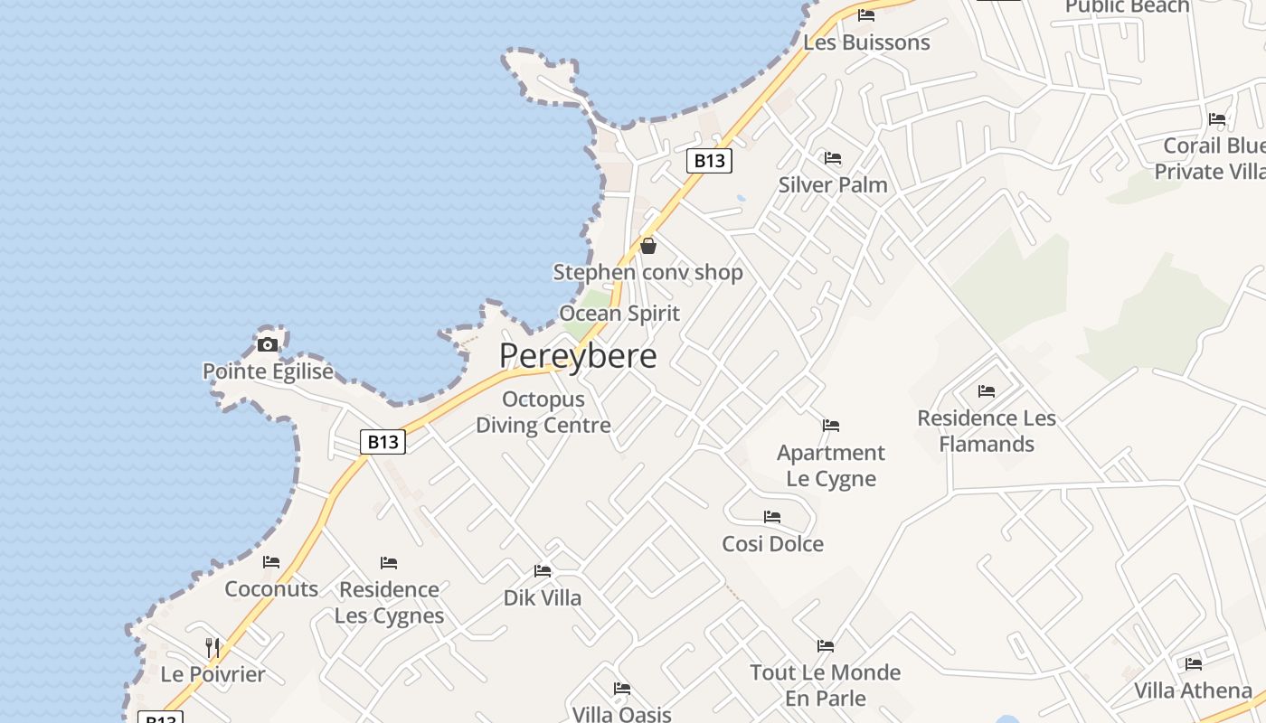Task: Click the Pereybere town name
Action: pyautogui.click(x=578, y=355)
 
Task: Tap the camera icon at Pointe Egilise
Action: pyautogui.click(x=268, y=344)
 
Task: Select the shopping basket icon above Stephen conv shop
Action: pyautogui.click(x=648, y=245)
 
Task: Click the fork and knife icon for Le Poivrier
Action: pyautogui.click(x=213, y=647)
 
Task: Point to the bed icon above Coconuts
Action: pyautogui.click(x=271, y=562)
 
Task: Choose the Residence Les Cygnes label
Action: pyautogui.click(x=389, y=602)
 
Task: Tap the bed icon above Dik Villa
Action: pyautogui.click(x=543, y=571)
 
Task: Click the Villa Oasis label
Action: pyautogui.click(x=621, y=714)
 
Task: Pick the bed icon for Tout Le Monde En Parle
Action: pyautogui.click(x=826, y=646)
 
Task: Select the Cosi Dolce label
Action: pyautogui.click(x=772, y=544)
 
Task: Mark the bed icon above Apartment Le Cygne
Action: pyautogui.click(x=831, y=426)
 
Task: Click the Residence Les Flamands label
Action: pyautogui.click(x=987, y=431)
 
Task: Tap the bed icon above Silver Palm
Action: pyautogui.click(x=833, y=158)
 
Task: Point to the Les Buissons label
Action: pyautogui.click(x=866, y=42)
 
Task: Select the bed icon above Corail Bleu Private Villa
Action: pyautogui.click(x=1217, y=119)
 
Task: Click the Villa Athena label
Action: pyautogui.click(x=1193, y=690)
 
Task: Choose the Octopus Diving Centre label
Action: pyautogui.click(x=543, y=412)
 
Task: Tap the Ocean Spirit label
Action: pyautogui.click(x=619, y=314)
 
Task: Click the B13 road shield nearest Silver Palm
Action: pyautogui.click(x=709, y=161)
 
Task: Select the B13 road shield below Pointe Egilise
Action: pyautogui.click(x=383, y=442)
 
